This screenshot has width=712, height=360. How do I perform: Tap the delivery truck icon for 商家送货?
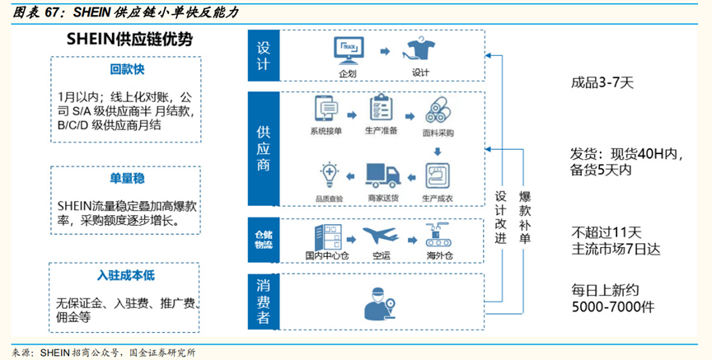click(x=382, y=174)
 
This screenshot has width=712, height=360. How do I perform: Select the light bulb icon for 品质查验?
click(x=329, y=174)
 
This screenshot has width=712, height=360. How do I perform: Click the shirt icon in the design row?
click(x=420, y=51)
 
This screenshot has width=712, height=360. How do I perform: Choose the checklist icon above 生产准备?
click(x=381, y=109)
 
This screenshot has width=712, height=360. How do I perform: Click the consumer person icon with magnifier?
click(x=380, y=302)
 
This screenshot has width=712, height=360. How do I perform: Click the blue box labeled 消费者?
click(x=264, y=302)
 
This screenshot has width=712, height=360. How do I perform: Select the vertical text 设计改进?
click(x=500, y=216)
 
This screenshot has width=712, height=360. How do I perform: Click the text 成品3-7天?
click(x=602, y=83)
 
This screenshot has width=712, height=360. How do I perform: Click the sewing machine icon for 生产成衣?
click(x=438, y=175)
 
